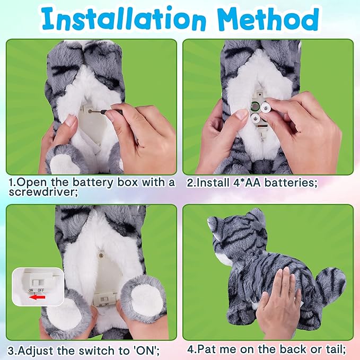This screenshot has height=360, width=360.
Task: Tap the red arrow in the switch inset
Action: click(x=37, y=297)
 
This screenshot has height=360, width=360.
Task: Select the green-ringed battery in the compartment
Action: click(x=254, y=106)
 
